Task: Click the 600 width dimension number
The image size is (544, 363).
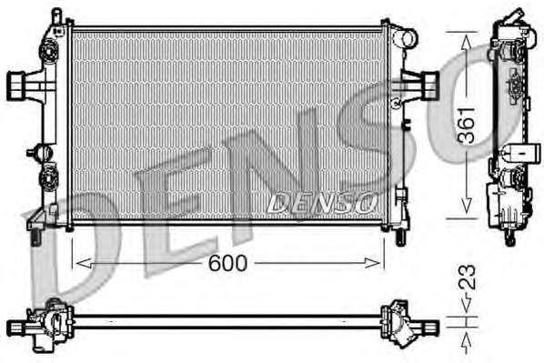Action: pos(227,264)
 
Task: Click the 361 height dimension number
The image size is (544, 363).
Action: pos(466,126)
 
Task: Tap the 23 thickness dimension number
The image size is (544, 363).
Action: pos(467,277)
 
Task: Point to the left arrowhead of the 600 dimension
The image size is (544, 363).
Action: pos(84,264)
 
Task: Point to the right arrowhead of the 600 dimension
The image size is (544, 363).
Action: pos(373,263)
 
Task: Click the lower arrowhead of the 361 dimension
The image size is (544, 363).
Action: pos(467,206)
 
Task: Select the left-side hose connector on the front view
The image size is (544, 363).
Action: pos(16,86)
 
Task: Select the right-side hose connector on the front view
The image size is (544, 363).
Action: pos(430,86)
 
